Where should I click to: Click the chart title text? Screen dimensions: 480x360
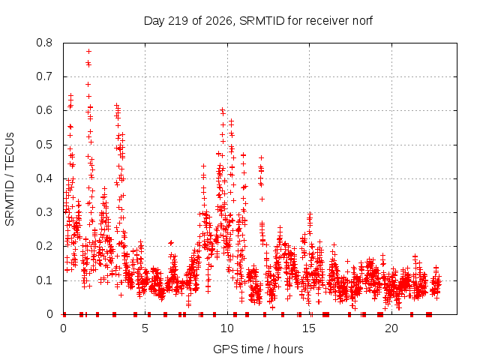(x=258, y=21)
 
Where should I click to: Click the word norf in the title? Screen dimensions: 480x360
(x=362, y=21)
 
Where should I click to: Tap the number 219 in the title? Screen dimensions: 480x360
(x=178, y=21)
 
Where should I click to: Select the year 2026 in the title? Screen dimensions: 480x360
(x=218, y=21)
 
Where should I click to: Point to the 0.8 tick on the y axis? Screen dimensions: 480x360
(x=44, y=43)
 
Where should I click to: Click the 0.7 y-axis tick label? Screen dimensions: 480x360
(x=44, y=76)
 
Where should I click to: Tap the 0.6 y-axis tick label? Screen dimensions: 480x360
(x=44, y=110)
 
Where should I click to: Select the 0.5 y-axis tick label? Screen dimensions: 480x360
(x=44, y=145)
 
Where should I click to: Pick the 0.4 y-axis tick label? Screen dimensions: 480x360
(x=44, y=178)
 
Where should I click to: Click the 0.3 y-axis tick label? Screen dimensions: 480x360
(x=44, y=212)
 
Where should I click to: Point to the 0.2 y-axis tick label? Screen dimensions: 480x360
(x=44, y=246)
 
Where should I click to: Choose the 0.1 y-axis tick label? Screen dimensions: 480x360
(x=44, y=280)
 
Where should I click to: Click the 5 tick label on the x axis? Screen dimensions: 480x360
(x=145, y=328)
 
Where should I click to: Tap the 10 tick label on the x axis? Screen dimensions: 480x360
(x=226, y=328)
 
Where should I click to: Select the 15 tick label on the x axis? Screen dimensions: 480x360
(x=309, y=328)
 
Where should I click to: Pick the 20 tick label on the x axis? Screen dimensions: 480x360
(x=391, y=328)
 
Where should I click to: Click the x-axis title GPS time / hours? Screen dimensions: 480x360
(x=258, y=349)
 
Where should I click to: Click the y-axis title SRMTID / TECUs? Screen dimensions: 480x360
(x=10, y=179)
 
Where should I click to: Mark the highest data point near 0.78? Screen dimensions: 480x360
(x=88, y=52)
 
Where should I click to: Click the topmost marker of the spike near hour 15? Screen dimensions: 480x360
(x=310, y=214)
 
